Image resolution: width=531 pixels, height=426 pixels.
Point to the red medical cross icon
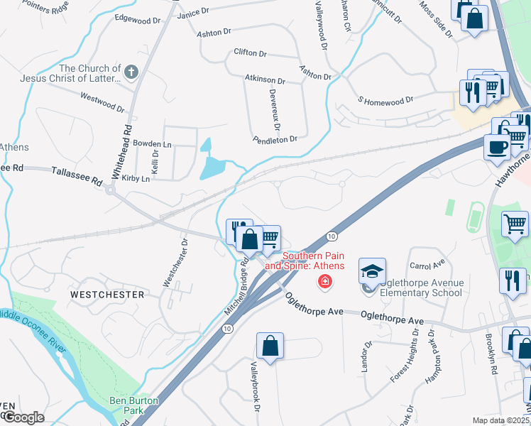tap(325, 283)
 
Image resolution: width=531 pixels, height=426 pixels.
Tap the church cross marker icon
tap(131, 72)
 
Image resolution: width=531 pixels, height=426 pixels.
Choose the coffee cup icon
tap(497, 148)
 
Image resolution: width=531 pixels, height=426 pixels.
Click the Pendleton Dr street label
tap(275, 140)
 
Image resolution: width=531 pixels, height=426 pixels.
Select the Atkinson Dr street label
tap(264, 81)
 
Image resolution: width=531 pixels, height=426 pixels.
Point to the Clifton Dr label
tap(250, 53)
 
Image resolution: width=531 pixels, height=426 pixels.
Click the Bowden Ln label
tap(153, 143)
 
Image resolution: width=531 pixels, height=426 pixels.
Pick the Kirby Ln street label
tap(136, 179)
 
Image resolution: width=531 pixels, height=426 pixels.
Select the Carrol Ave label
tap(427, 264)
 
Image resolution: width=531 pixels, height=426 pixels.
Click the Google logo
tap(22, 417)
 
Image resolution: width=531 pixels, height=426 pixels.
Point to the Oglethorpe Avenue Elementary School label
tap(422, 288)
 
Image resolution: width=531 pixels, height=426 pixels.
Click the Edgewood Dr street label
tap(138, 21)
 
